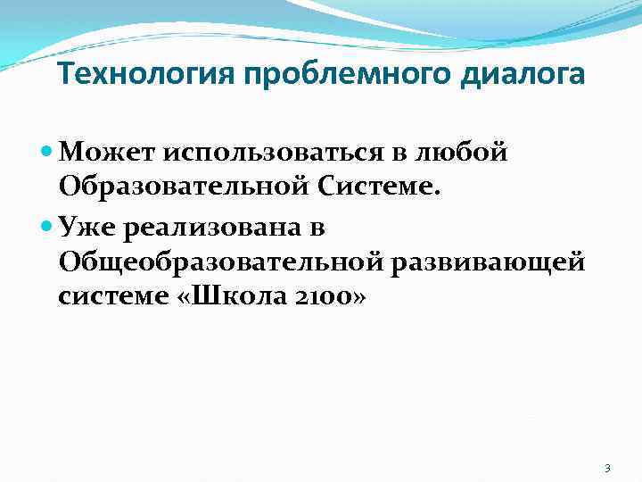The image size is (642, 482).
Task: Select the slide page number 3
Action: click(606, 468)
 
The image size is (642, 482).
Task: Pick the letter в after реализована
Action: click(317, 229)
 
